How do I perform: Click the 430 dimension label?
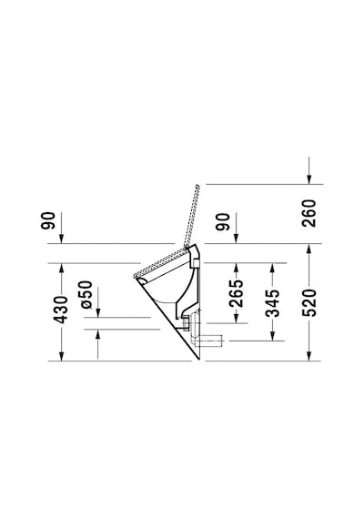(61, 310)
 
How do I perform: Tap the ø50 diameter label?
(86, 295)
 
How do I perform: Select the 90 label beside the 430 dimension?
(48, 220)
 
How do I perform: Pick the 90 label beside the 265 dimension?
(223, 222)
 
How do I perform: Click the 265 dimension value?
(236, 293)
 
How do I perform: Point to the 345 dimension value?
(272, 303)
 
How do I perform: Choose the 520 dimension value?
(309, 302)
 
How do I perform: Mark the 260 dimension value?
(309, 213)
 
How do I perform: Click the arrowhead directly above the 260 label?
(309, 178)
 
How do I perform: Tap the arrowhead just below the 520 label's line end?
(309, 355)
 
